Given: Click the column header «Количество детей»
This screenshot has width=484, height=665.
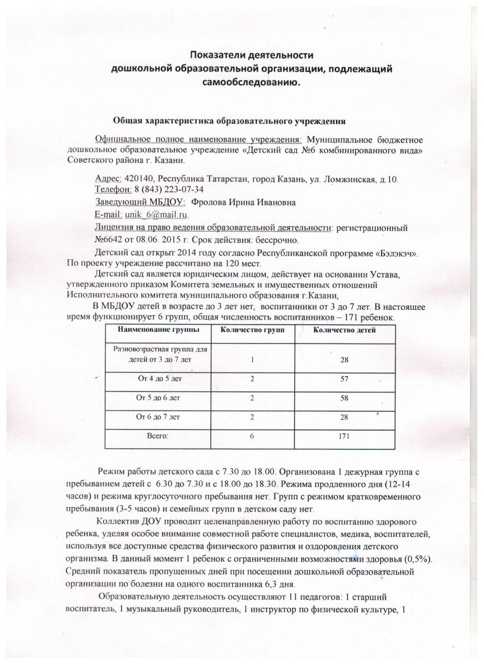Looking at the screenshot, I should tap(344, 331).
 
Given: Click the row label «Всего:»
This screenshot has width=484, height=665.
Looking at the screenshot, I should tap(157, 437).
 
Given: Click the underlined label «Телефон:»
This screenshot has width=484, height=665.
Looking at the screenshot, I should tap(110, 190).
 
